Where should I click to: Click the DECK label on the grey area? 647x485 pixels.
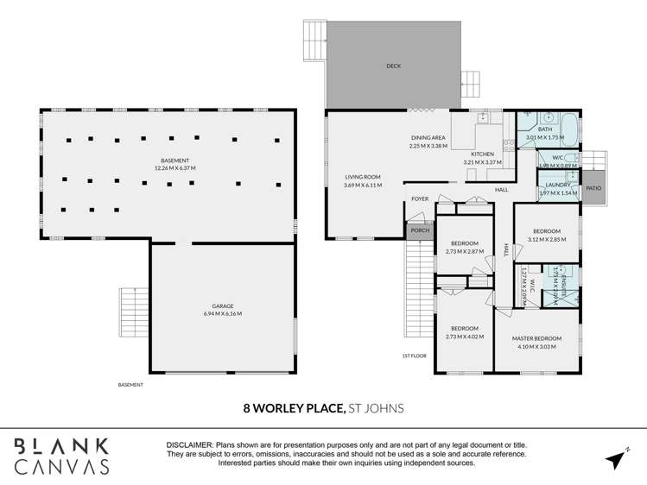(393, 66)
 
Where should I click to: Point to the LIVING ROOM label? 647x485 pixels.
(363, 180)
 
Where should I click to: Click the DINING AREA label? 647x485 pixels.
(428, 142)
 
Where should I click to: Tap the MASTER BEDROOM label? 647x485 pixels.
(536, 343)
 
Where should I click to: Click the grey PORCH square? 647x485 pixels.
(419, 230)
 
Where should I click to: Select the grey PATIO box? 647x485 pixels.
(593, 187)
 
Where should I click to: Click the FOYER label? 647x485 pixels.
(420, 199)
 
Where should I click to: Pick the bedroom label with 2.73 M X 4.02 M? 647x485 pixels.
(464, 332)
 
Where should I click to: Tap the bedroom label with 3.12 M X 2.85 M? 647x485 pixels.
(546, 236)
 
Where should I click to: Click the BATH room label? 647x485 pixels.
(545, 133)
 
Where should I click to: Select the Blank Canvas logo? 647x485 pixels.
(61, 456)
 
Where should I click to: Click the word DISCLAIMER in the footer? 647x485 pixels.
(190, 444)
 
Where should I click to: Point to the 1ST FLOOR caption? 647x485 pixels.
(415, 356)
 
